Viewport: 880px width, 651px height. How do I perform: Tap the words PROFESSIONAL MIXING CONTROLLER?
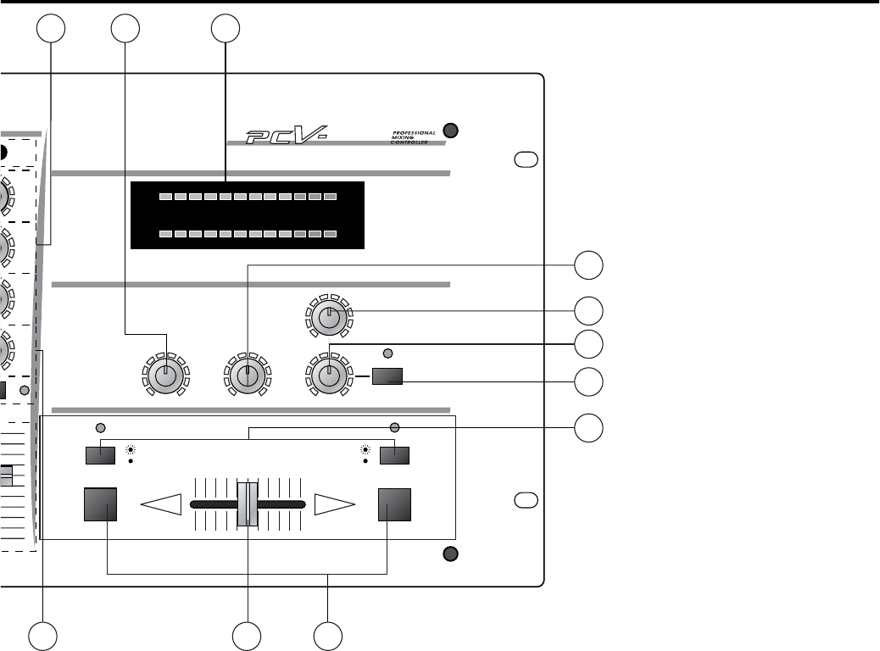414,136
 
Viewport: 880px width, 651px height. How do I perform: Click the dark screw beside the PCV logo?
451,130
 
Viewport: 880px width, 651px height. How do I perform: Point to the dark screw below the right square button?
451,555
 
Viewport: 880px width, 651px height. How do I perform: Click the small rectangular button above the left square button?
101,455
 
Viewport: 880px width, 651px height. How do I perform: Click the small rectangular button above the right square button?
394,455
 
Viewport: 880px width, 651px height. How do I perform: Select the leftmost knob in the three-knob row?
167,375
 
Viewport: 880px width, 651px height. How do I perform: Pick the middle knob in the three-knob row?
248,375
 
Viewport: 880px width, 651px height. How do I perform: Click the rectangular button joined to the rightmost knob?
387,376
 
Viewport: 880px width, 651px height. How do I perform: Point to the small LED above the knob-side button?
388,353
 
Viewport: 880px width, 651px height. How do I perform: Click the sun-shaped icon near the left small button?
131,449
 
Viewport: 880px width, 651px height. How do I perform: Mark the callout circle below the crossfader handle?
248,636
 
